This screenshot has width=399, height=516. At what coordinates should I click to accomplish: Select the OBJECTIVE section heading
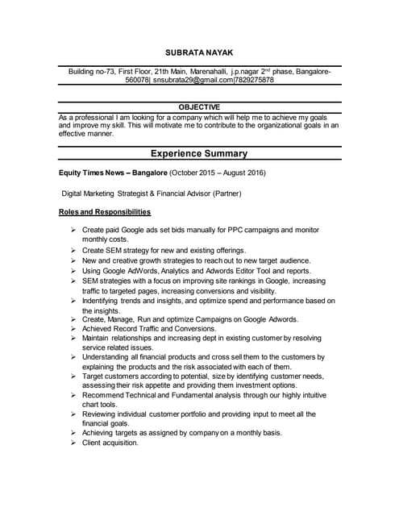[x=198, y=107]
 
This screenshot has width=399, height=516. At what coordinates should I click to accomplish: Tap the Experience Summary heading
[x=199, y=153]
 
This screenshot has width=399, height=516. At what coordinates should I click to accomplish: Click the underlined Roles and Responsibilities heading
[x=105, y=212]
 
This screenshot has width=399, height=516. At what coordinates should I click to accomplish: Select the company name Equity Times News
[x=94, y=173]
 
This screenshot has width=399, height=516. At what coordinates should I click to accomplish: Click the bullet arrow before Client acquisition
[x=73, y=443]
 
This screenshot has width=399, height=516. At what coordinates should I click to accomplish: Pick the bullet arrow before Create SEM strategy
[x=73, y=251]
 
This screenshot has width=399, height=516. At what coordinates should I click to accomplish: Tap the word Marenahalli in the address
[x=207, y=72]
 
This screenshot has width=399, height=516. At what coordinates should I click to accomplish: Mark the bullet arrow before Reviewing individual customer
[x=73, y=414]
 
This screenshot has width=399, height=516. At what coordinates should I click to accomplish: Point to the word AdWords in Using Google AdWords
[x=140, y=271]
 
